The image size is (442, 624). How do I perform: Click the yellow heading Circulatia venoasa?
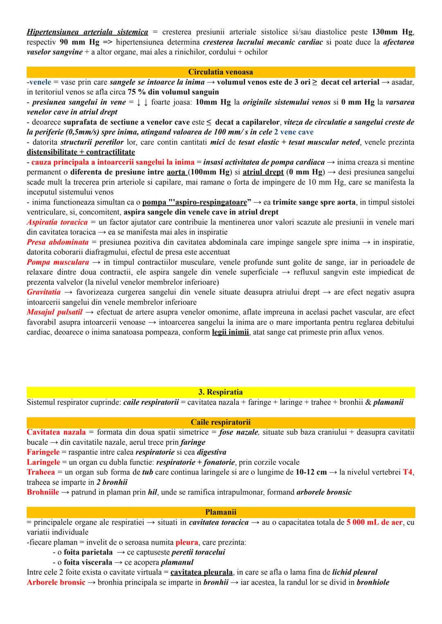point(221,72)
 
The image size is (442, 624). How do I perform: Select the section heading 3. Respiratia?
point(221,392)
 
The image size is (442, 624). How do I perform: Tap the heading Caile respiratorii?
point(221,422)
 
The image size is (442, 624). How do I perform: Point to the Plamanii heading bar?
point(221,512)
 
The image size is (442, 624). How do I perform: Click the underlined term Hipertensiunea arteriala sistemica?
point(87,32)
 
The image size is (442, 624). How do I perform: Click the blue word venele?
point(40,82)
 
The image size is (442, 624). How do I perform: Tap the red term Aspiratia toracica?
point(57,222)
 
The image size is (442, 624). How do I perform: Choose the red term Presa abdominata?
point(57,242)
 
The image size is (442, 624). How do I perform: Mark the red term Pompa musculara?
point(58,262)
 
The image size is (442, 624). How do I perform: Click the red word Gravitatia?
point(43,292)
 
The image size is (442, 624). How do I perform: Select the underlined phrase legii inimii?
point(230,332)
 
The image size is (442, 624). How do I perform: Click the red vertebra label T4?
point(408,472)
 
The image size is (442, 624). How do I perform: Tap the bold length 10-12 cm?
point(311,472)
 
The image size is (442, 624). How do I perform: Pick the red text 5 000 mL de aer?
point(374,523)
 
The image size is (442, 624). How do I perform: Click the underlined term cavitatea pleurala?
point(201,572)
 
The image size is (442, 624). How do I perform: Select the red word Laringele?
point(43,462)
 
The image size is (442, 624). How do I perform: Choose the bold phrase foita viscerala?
point(88,562)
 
